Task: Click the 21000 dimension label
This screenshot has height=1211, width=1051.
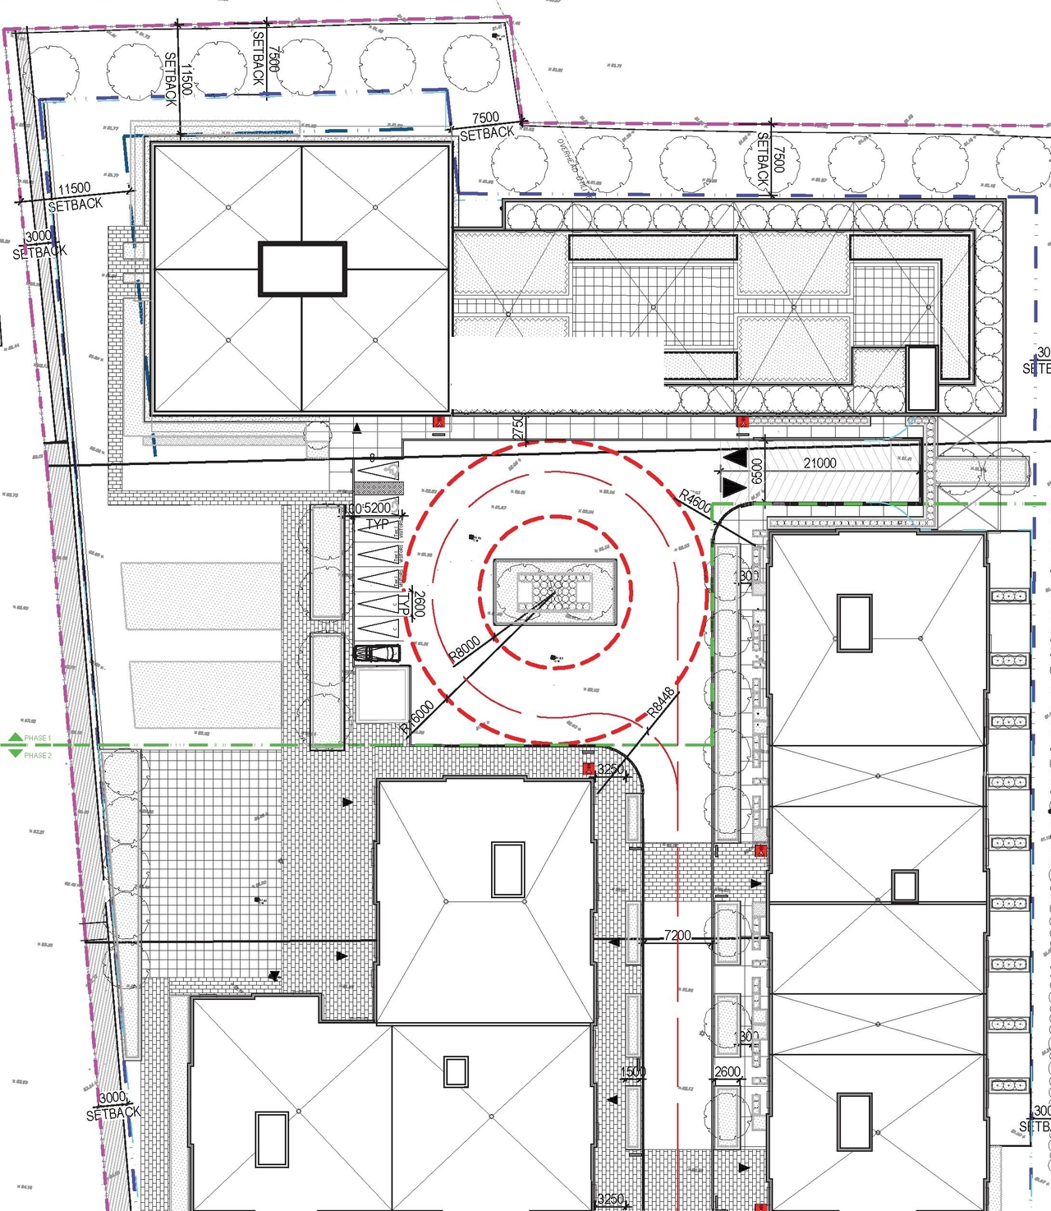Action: (x=819, y=463)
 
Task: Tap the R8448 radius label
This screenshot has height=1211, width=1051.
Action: (x=662, y=702)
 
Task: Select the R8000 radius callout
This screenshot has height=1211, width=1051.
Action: (x=466, y=650)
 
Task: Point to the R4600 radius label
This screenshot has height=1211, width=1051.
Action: (x=695, y=500)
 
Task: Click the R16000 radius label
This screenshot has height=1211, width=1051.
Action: (x=418, y=717)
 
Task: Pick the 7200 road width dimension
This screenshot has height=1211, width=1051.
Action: (x=677, y=935)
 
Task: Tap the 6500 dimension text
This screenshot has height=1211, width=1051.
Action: (x=756, y=472)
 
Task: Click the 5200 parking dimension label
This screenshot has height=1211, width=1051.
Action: (x=377, y=509)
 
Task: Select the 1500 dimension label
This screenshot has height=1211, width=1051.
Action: (x=632, y=1071)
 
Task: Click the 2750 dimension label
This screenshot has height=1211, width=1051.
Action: (x=517, y=427)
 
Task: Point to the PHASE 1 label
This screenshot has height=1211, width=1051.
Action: (x=38, y=738)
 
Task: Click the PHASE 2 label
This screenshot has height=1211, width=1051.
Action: (x=38, y=755)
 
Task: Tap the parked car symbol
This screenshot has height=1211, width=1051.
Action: (x=377, y=653)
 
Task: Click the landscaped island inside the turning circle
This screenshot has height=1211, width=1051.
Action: (x=555, y=588)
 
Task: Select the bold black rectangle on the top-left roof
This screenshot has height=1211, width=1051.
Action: (x=303, y=269)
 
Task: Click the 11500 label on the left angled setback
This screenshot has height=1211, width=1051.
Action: (x=74, y=189)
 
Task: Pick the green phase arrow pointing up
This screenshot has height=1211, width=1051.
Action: (x=15, y=738)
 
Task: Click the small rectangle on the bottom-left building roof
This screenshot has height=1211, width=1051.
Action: (x=272, y=1139)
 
